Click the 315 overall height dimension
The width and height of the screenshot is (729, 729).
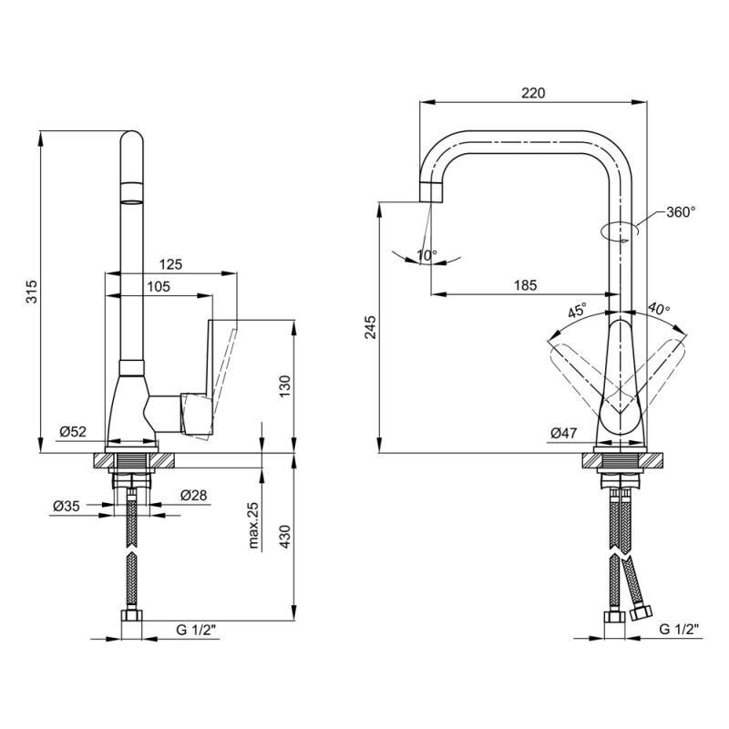(32, 292)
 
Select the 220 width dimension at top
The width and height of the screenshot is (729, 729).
(533, 93)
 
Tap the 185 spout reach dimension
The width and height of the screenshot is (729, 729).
(526, 285)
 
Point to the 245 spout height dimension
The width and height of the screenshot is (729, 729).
(371, 327)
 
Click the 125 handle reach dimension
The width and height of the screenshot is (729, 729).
(170, 264)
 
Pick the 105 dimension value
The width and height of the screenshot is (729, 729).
(159, 287)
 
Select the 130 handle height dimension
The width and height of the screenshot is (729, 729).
(284, 385)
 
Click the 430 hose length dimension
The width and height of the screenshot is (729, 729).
(284, 536)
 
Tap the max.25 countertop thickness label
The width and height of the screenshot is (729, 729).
(253, 526)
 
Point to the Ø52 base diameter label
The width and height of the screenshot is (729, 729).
(73, 431)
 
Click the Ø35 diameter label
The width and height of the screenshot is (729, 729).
(67, 506)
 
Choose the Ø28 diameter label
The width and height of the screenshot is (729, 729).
(194, 495)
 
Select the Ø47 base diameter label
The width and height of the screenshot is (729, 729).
(563, 434)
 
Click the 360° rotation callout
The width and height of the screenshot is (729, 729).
(681, 212)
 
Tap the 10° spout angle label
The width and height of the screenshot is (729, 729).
(426, 255)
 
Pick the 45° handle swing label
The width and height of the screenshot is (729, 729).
(578, 310)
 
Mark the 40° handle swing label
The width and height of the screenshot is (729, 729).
(659, 308)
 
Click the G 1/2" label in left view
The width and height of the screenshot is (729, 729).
(196, 631)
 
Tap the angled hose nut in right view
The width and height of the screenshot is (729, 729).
(642, 612)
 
